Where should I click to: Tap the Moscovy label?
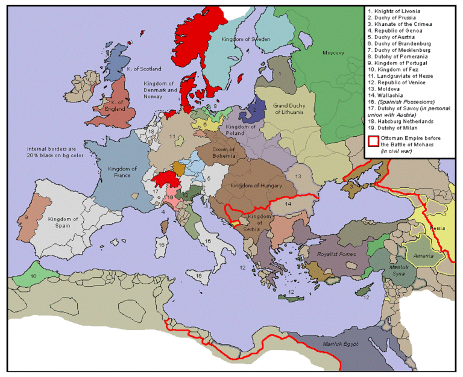pos(332,53)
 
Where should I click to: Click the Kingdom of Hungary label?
pos(251,185)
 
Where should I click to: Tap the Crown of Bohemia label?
pos(227,153)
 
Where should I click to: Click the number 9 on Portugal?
pos(26,217)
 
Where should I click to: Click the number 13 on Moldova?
pos(298,175)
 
